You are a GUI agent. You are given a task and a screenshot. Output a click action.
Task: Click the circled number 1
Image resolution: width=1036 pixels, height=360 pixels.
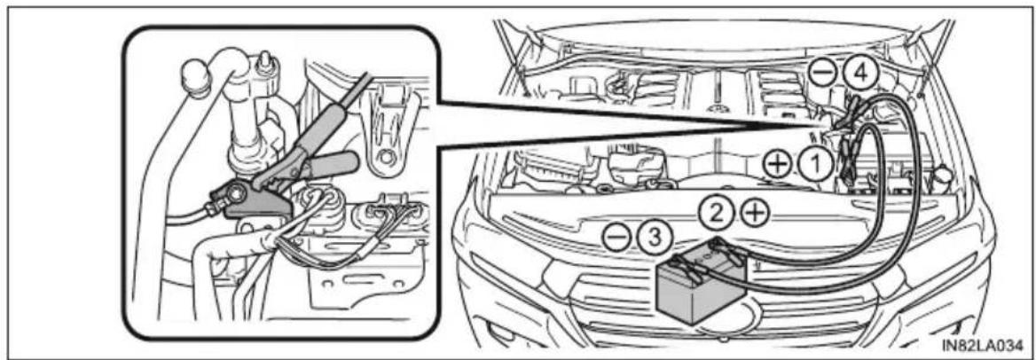pyautogui.click(x=817, y=162)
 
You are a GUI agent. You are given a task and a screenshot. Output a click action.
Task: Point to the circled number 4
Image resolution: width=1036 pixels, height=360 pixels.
pyautogui.click(x=859, y=74)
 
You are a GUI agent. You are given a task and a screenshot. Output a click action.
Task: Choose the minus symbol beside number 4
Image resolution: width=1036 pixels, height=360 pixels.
pyautogui.click(x=823, y=74)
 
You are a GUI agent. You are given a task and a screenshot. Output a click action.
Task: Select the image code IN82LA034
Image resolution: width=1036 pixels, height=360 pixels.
pyautogui.click(x=980, y=345)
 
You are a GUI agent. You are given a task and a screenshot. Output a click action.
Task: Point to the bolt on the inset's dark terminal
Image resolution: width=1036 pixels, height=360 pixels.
pyautogui.click(x=234, y=194)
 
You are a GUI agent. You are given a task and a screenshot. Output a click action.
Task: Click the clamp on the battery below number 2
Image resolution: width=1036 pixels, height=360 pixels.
pyautogui.click(x=723, y=250)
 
